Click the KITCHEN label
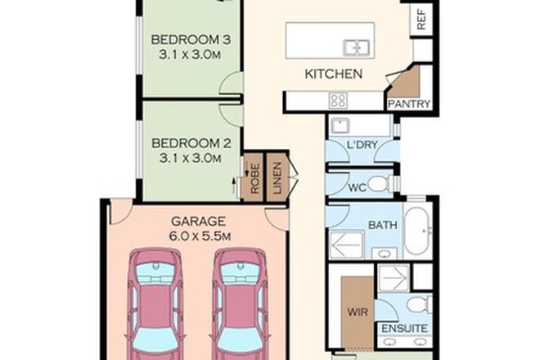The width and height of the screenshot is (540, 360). [x=333, y=74]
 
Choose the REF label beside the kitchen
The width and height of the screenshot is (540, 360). [x=422, y=20]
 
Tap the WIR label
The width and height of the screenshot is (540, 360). [x=354, y=311]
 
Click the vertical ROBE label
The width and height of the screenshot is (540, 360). [x=254, y=177]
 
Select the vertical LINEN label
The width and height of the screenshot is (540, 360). [x=277, y=177]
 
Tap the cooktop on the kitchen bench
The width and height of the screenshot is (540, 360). [x=338, y=100]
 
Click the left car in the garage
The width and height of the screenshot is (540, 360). [x=155, y=303]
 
